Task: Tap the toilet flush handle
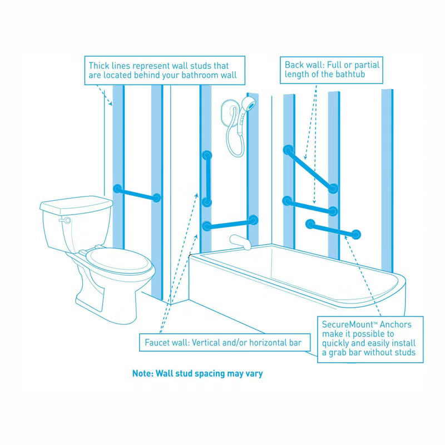[x=66, y=220]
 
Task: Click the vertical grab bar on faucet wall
[x=207, y=179]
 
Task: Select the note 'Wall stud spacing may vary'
[x=197, y=374]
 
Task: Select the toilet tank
[x=76, y=222]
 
